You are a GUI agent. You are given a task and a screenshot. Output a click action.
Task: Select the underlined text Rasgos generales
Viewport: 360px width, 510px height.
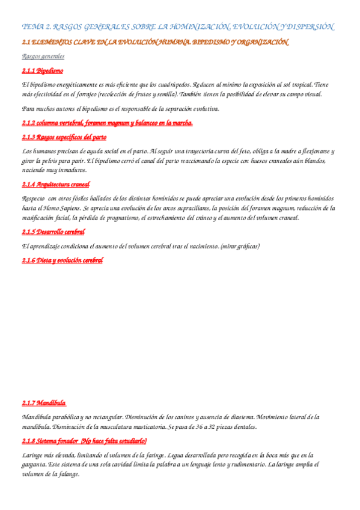tap(43, 57)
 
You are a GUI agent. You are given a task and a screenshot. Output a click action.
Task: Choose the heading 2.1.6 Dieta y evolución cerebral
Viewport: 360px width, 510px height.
tap(63, 260)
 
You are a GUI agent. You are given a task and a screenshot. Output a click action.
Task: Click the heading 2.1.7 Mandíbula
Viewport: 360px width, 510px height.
tap(44, 402)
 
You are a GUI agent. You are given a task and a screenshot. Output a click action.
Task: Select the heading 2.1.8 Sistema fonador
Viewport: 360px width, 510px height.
tap(84, 441)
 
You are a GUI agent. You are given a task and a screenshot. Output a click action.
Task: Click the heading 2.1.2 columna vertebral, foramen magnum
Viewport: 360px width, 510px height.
tap(107, 123)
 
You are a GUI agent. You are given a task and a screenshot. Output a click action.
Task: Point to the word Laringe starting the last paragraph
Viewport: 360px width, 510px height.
tap(32, 455)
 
